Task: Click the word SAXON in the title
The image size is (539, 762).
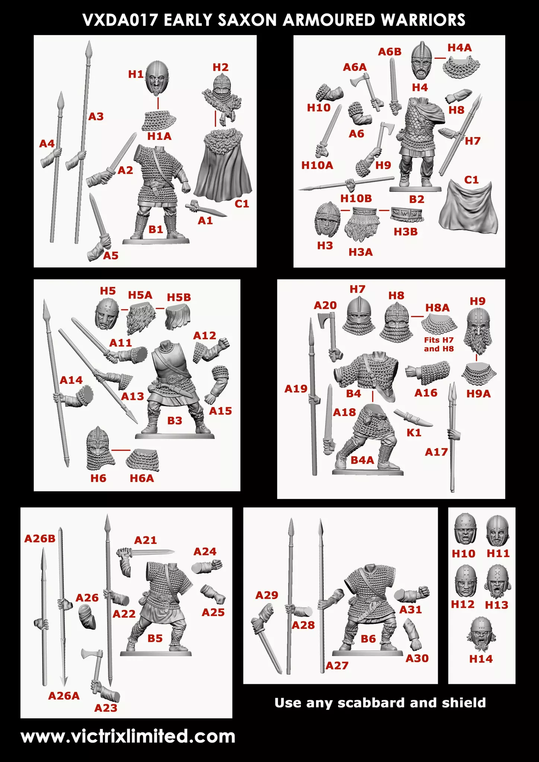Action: (x=246, y=19)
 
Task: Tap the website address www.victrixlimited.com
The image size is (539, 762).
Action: (x=128, y=736)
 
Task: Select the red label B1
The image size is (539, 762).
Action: (x=156, y=229)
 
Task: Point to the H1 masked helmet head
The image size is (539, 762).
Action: (x=159, y=79)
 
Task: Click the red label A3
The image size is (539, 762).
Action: (x=96, y=116)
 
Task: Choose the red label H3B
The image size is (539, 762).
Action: (x=405, y=231)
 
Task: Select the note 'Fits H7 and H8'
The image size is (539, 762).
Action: (x=439, y=344)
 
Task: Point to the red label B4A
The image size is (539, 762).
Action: (x=362, y=460)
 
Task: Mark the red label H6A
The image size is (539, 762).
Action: (x=142, y=478)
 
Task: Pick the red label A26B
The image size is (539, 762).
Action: (x=40, y=538)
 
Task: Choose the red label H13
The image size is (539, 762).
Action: (x=497, y=605)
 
